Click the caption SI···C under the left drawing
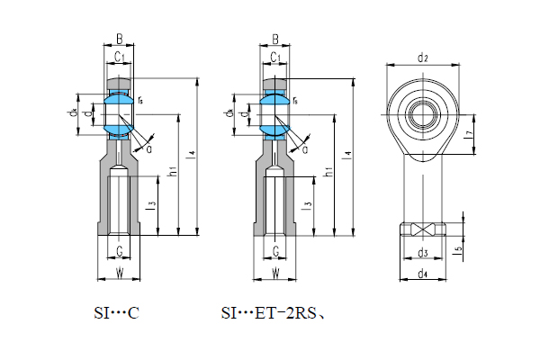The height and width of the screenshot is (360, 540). pyautogui.click(x=117, y=314)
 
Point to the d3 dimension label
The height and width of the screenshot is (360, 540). pyautogui.click(x=422, y=253)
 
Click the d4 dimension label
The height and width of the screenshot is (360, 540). pyautogui.click(x=422, y=274)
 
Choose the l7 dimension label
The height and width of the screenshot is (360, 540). pyautogui.click(x=469, y=134)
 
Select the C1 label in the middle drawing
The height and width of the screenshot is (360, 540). pyautogui.click(x=276, y=58)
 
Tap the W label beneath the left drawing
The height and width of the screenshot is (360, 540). pyautogui.click(x=120, y=273)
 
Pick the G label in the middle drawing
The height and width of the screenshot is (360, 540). pyautogui.click(x=275, y=251)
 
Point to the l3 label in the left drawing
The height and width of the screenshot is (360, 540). pyautogui.click(x=153, y=205)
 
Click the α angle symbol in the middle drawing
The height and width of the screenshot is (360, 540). pyautogui.click(x=304, y=148)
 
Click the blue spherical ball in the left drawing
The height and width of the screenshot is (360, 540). pyautogui.click(x=120, y=115)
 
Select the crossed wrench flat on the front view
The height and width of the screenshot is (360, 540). pyautogui.click(x=422, y=229)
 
